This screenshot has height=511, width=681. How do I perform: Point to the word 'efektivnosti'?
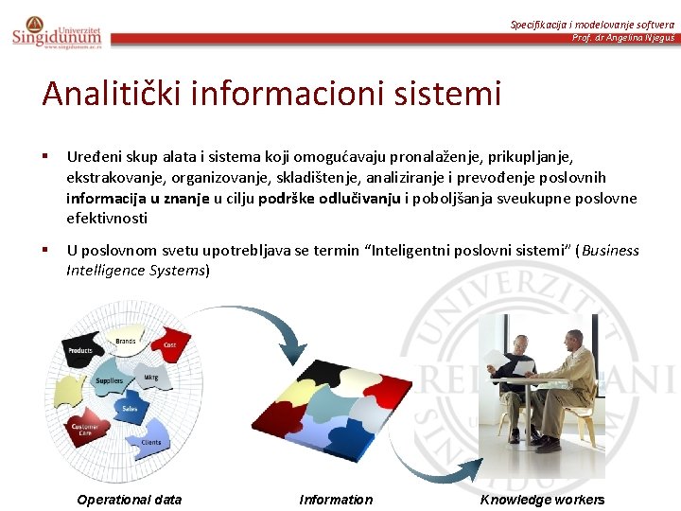[107, 218]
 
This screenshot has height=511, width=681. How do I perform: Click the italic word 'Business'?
[611, 251]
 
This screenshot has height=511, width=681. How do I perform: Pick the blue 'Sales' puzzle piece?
[130, 409]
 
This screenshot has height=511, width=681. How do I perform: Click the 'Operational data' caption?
[129, 500]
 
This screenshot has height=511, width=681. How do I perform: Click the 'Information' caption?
[336, 500]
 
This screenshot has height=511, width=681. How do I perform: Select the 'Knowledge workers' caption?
[542, 500]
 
